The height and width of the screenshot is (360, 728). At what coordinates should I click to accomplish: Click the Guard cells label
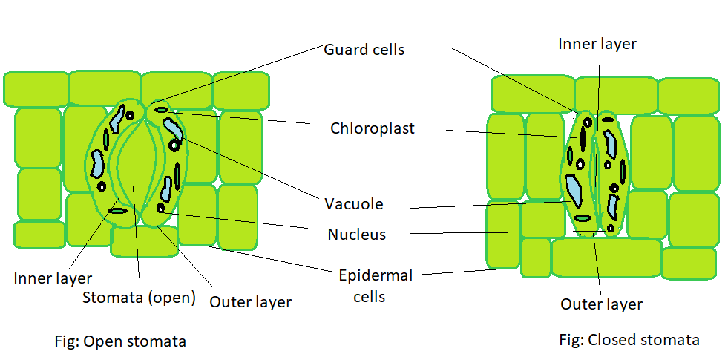364,50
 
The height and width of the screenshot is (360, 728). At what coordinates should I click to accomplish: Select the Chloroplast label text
372,128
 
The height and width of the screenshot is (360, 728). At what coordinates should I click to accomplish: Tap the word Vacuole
353,203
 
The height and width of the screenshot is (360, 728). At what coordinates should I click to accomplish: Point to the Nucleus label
356,235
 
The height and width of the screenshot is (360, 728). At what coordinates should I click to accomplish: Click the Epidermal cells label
375,286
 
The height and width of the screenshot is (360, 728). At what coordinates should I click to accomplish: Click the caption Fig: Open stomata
119,341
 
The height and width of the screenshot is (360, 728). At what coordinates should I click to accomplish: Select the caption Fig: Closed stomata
629,340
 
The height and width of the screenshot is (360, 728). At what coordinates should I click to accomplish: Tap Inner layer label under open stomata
53,278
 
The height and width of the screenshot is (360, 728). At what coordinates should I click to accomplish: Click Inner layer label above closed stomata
597,44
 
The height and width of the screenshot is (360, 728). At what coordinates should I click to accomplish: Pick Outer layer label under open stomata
250,301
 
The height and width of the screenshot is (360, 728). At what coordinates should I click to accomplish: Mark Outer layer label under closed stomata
601,304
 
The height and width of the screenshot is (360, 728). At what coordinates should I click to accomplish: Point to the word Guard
344,50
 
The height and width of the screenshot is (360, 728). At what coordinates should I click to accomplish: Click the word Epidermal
375,276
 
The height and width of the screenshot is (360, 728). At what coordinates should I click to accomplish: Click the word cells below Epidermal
369,297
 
